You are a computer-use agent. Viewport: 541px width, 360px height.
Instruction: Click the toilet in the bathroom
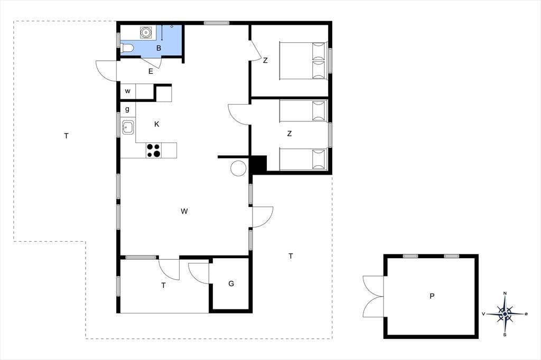(126, 48)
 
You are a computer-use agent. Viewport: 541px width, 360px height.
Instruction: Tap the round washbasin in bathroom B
(146, 32)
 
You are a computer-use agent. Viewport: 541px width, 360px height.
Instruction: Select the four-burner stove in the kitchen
(154, 150)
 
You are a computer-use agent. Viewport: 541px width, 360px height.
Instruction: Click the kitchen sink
(128, 127)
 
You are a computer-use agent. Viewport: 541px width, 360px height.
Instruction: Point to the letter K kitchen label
(156, 124)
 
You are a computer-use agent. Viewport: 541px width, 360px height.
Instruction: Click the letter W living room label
(184, 211)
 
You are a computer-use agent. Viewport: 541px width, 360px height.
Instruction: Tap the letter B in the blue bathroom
(158, 48)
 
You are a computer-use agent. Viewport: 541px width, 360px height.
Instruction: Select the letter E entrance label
(151, 72)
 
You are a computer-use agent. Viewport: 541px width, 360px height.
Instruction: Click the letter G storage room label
(231, 283)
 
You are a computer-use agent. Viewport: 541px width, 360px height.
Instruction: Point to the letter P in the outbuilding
(432, 296)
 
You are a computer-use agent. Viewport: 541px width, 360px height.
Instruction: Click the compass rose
(505, 314)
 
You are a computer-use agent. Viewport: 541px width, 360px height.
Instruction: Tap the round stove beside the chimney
(239, 168)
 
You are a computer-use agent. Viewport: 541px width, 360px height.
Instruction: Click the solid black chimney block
(258, 165)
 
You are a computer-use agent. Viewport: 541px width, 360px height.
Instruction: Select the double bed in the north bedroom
(303, 61)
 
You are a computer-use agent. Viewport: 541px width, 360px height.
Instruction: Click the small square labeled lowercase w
(128, 91)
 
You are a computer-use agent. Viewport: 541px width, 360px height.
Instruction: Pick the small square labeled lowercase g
(128, 110)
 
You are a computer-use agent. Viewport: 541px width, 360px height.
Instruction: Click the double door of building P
(373, 296)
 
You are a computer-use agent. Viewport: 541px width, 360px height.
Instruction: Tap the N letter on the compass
(505, 293)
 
